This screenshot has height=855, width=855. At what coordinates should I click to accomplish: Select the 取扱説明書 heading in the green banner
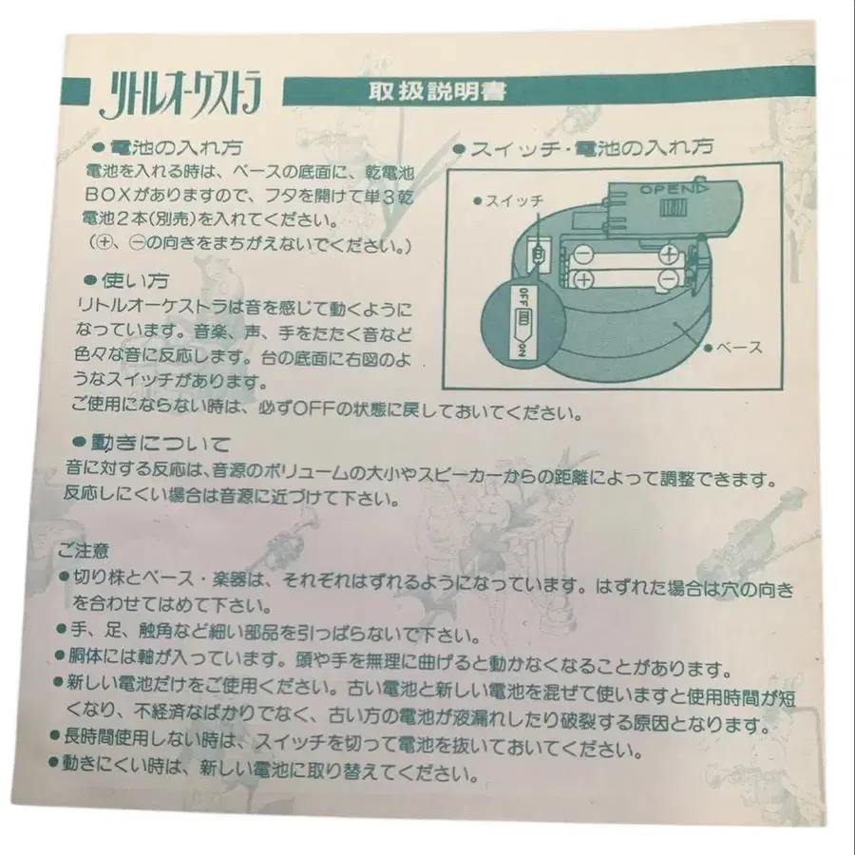pos(436,92)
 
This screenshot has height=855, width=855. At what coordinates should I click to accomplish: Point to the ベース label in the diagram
pos(740,348)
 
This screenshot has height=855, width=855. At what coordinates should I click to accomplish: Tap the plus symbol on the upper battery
pos(670,254)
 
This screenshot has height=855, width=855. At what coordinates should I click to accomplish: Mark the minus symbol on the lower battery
pos(670,278)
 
